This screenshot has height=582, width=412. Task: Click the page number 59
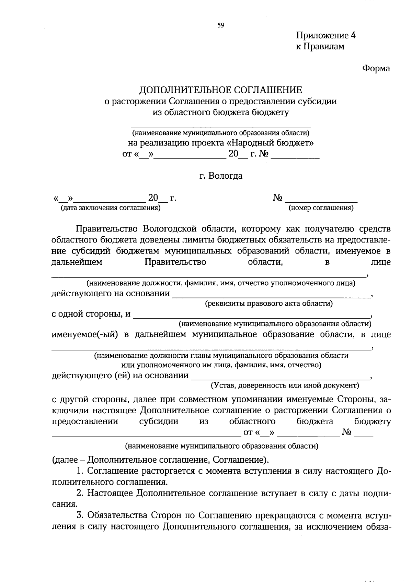click(220, 25)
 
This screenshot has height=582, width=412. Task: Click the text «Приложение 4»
click(326, 36)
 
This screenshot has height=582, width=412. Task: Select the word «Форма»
click(376, 69)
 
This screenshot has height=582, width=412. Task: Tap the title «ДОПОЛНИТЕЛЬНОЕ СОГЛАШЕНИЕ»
click(220, 90)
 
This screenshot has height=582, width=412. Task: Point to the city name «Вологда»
click(225, 176)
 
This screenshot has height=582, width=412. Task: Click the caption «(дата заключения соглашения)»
click(111, 208)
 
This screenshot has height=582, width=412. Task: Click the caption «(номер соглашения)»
click(321, 208)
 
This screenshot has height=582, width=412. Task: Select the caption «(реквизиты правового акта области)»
click(269, 304)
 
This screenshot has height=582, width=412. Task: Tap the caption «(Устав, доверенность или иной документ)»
click(285, 385)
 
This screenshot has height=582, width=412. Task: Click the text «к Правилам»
click(320, 46)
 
